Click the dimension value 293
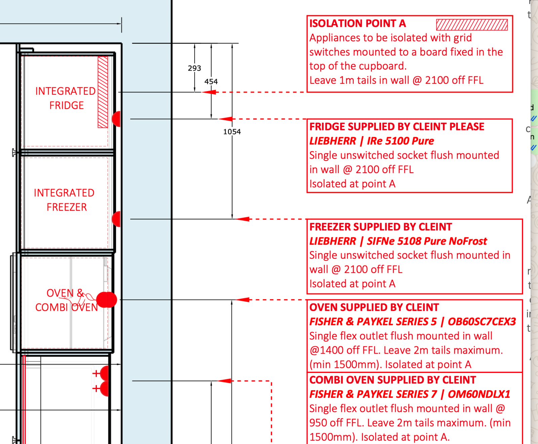tap(194, 68)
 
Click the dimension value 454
tap(211, 82)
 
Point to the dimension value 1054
tap(232, 132)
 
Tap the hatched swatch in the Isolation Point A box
tap(472, 25)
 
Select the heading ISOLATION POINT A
tap(357, 24)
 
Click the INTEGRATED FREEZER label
tap(65, 200)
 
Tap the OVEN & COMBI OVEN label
tap(66, 300)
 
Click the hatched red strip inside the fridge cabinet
tap(103, 92)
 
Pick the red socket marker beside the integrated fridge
tap(116, 119)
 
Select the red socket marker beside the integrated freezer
tap(116, 219)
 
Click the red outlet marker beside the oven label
tap(107, 300)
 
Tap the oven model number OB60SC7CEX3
tap(482, 322)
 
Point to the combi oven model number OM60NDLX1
tap(479, 394)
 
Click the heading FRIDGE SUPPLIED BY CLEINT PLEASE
tap(397, 127)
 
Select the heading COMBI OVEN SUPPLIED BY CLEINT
tap(393, 380)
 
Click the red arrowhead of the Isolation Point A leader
tap(209, 92)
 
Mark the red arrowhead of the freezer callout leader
tap(242, 219)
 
